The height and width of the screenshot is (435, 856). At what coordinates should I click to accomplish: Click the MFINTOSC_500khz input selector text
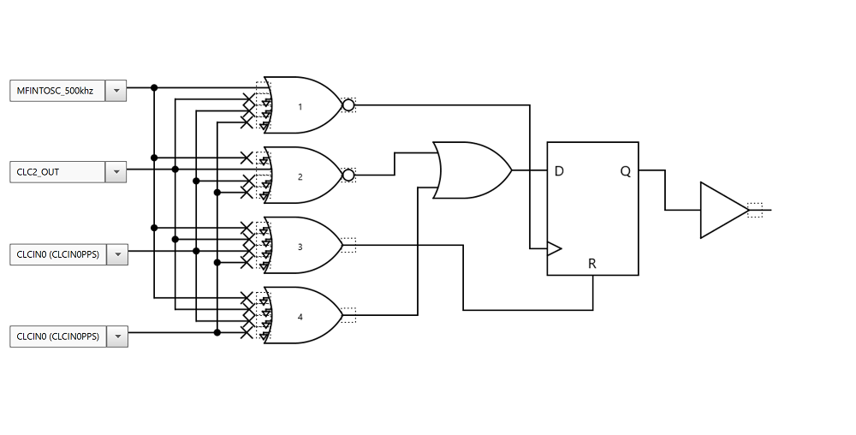click(x=56, y=91)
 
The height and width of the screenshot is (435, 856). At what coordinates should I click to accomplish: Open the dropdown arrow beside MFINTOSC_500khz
click(x=116, y=91)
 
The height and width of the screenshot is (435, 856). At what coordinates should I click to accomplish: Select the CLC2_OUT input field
click(x=56, y=172)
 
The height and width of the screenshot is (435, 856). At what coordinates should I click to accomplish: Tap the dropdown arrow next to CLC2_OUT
click(x=116, y=172)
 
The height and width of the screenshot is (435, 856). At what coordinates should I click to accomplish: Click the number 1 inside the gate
click(x=300, y=107)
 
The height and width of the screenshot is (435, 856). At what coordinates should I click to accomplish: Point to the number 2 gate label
click(x=300, y=177)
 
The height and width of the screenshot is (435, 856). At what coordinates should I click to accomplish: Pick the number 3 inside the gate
click(x=300, y=247)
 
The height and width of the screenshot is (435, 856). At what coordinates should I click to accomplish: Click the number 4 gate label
click(x=300, y=317)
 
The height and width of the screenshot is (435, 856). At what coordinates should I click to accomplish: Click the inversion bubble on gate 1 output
click(x=348, y=105)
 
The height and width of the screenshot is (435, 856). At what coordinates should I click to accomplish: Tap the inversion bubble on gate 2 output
click(x=348, y=176)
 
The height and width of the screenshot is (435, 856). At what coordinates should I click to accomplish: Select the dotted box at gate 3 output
click(x=348, y=246)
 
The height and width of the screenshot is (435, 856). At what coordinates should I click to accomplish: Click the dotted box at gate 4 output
click(x=348, y=316)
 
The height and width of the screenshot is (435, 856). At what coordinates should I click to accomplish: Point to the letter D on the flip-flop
click(x=559, y=171)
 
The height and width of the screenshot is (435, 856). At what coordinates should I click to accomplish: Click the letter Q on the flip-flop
click(x=626, y=171)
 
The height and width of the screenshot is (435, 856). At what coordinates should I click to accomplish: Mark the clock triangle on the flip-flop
click(x=555, y=249)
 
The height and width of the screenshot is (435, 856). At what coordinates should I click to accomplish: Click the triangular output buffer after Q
click(x=722, y=210)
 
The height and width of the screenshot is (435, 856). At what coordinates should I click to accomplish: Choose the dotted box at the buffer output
click(x=754, y=210)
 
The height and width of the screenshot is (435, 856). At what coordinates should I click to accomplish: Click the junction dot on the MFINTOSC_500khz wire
click(x=154, y=87)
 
